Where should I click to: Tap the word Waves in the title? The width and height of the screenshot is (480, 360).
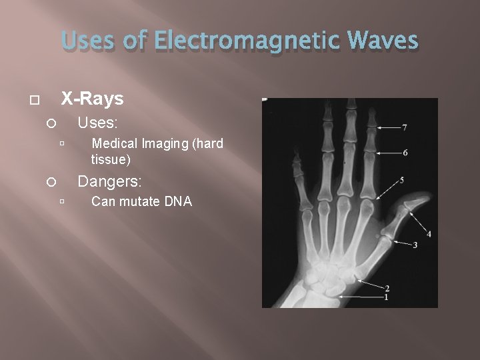381,41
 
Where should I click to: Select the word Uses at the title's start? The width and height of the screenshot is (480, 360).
89,41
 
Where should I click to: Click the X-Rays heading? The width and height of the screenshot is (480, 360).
92,99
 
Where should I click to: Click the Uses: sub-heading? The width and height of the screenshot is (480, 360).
98,123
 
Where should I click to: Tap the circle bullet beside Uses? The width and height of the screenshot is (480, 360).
49,124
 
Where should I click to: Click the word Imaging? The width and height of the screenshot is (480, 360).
165,143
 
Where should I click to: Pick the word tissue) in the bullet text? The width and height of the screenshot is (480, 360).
111,160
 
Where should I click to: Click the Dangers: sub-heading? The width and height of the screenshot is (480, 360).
110,181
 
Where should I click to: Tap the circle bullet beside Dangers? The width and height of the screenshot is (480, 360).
49,181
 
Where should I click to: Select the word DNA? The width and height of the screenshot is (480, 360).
177,201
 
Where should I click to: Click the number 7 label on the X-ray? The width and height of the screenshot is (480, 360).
405,127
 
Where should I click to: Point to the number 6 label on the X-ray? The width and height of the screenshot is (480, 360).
405,153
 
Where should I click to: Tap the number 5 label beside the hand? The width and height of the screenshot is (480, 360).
402,180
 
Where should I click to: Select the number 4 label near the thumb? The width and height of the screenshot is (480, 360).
429,234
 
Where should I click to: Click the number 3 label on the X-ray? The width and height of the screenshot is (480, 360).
415,245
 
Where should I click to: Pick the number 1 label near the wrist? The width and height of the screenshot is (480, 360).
386,297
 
